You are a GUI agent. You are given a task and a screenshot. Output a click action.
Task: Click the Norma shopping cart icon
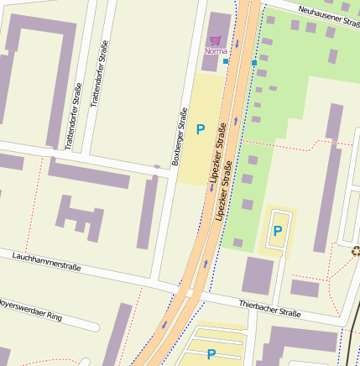click(x=216, y=39)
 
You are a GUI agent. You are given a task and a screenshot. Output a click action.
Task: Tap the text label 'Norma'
click(x=216, y=51)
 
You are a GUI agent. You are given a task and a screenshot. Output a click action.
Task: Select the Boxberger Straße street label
click(x=178, y=136)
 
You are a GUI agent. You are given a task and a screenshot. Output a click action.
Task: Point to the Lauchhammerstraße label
click(x=47, y=261)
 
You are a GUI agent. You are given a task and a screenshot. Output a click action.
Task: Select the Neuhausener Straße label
click(x=328, y=17)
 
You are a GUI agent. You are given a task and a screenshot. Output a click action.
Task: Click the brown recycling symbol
click(x=355, y=249)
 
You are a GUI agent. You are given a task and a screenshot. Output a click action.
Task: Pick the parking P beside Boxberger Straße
click(x=201, y=129)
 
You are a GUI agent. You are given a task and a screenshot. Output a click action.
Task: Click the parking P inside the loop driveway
click(x=277, y=230)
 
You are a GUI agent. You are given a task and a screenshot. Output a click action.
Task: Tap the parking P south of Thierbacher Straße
click(x=211, y=354)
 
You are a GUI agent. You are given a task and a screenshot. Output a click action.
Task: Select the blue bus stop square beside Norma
click(x=226, y=60)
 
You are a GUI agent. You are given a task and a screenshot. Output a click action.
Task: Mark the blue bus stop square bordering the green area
click(x=254, y=63)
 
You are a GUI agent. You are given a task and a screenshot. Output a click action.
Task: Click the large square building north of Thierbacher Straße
click(x=258, y=274)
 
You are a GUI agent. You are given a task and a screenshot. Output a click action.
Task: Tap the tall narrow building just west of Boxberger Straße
click(x=149, y=213)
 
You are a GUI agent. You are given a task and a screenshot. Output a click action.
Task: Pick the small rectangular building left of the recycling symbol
click(x=305, y=288)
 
